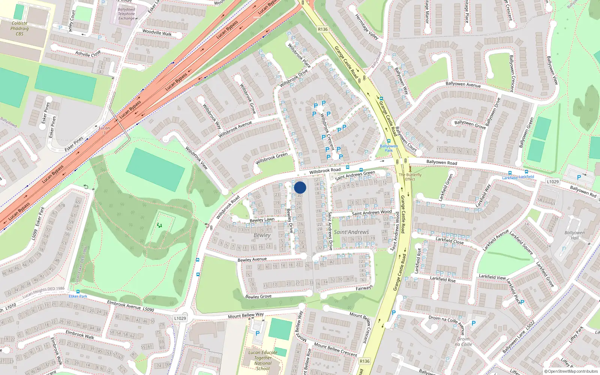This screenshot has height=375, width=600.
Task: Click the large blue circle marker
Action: (300, 187)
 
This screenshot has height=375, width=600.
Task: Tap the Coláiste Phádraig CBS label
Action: (19, 28)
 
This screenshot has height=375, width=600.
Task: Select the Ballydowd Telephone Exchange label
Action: (127, 14)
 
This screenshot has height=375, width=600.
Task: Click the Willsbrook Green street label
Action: (271, 159)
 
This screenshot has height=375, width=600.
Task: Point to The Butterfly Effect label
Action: (410, 177)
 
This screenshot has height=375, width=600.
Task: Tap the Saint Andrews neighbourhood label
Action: (351, 232)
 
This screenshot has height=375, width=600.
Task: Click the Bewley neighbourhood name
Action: (262, 235)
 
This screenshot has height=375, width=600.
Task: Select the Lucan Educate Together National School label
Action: (263, 360)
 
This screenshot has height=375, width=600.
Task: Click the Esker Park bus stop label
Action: (78, 296)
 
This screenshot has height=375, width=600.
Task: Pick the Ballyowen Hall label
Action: (574, 235)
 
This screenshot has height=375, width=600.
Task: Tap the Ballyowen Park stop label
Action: (389, 148)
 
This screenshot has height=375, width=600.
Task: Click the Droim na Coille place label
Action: (463, 342)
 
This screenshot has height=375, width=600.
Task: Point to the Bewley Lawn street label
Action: (262, 220)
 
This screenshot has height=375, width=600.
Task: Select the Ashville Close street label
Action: (88, 53)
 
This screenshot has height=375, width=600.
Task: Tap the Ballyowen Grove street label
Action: (470, 124)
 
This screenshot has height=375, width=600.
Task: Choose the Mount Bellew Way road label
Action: (246, 315)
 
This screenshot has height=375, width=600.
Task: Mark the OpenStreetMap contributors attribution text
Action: (571, 371)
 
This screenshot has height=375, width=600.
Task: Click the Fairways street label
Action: (364, 288)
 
